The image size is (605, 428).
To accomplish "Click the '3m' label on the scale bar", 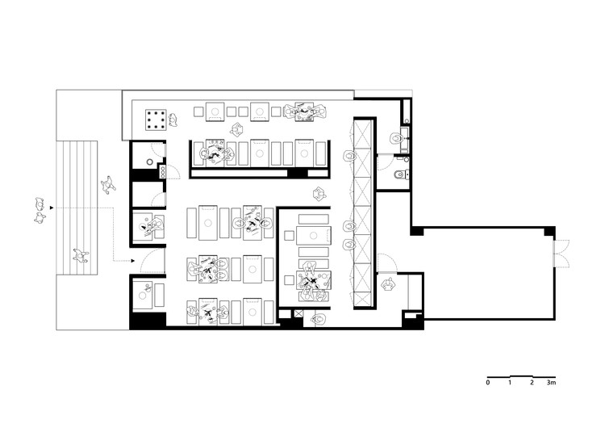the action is [x=551, y=383].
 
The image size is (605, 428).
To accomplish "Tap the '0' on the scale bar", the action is [x=488, y=383].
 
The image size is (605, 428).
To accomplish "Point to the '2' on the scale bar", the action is [x=532, y=383].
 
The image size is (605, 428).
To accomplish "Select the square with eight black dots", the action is [x=156, y=120].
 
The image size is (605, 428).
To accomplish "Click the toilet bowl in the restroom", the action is [x=399, y=175].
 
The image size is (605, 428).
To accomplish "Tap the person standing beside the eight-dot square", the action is [x=173, y=120].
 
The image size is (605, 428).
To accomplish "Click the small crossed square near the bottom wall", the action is [x=298, y=313].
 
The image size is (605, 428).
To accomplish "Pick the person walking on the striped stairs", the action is [x=81, y=255].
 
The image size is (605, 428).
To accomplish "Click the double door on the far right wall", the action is [x=561, y=254].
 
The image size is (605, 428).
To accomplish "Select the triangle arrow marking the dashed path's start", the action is [x=52, y=208].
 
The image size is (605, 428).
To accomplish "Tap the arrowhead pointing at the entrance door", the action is [x=133, y=261].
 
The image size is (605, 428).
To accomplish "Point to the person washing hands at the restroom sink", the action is [x=396, y=138].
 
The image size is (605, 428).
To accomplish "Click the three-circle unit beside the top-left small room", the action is [x=162, y=171].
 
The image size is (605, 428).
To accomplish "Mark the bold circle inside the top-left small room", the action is [x=150, y=162].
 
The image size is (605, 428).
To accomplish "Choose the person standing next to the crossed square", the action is [x=319, y=320].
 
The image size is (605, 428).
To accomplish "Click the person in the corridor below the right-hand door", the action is [x=388, y=285].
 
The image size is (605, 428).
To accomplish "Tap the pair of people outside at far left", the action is [x=40, y=211].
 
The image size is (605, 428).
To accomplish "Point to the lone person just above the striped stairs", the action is [x=108, y=184].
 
